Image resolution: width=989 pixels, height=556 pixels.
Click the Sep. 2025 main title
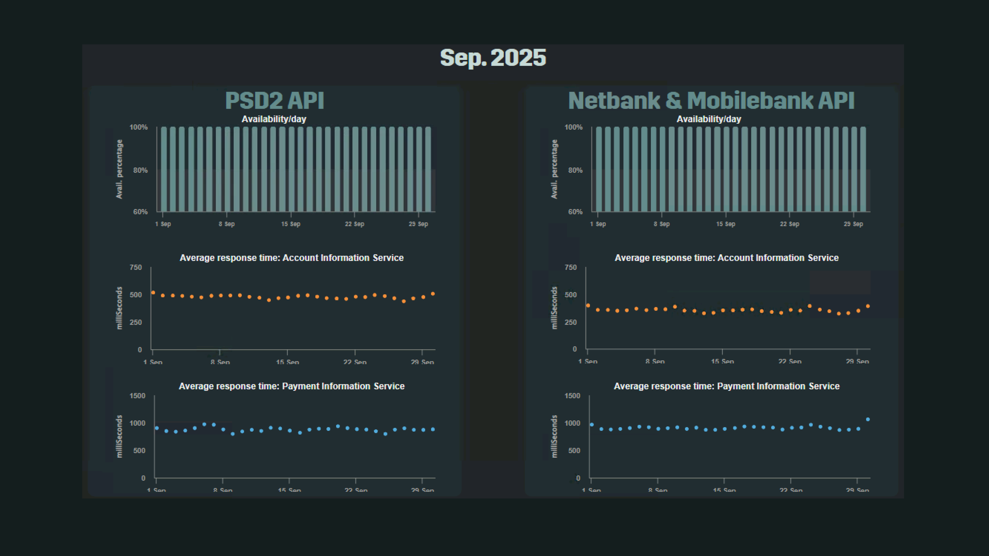pos(493,58)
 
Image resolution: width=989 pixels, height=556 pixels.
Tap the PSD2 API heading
pos(274,101)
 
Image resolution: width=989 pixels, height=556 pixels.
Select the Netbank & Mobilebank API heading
pos(711,101)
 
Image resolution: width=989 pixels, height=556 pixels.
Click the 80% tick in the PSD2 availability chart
pos(141,170)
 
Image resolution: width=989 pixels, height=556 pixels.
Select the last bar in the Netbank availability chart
pos(863,169)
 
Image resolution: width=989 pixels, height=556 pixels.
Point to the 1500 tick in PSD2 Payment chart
pos(137,396)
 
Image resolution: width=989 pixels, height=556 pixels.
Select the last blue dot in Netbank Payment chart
pos(868,419)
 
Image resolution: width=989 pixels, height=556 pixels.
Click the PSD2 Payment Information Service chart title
pos(291,386)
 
